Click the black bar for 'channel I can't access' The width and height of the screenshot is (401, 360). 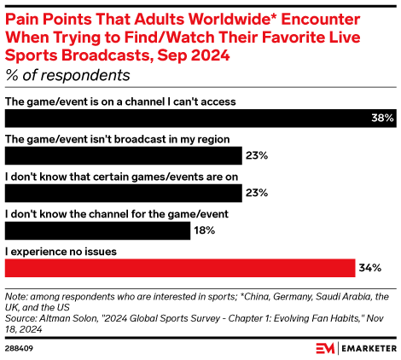188,119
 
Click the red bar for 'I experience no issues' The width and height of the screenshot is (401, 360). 180,268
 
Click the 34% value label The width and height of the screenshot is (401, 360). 369,268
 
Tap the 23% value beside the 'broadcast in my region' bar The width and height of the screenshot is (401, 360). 257,156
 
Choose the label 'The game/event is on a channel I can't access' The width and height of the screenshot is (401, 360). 120,102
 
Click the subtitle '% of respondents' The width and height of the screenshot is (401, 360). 67,75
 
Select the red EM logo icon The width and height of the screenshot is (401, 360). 325,348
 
